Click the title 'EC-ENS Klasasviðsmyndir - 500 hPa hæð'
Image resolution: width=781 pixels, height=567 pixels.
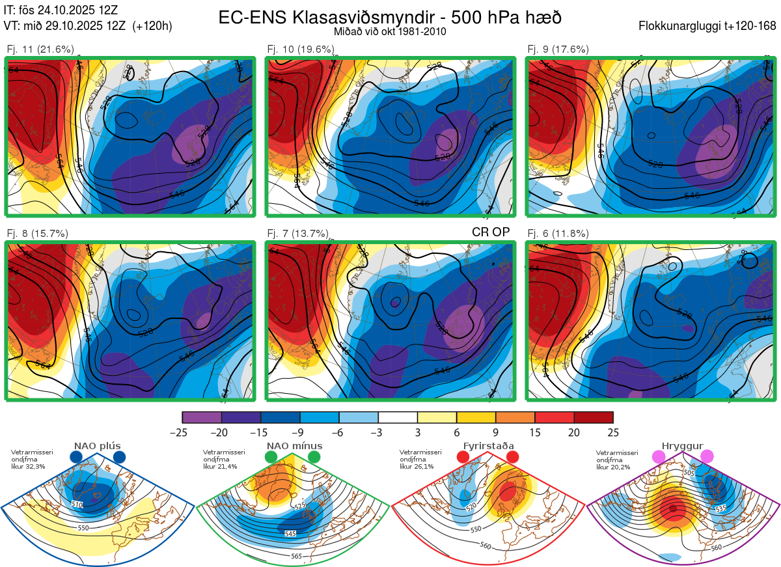click(389, 18)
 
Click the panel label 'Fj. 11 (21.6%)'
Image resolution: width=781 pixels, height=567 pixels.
click(40, 49)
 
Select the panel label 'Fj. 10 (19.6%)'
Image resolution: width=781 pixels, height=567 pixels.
click(301, 49)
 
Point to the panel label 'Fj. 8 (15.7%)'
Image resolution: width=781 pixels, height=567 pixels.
click(37, 233)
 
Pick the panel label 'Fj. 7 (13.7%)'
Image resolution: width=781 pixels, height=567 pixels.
click(298, 233)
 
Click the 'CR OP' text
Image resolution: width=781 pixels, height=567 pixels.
click(490, 232)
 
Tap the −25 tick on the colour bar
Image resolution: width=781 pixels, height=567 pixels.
click(182, 432)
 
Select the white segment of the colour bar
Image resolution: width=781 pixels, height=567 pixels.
click(398, 417)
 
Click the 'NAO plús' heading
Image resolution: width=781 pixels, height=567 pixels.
click(98, 446)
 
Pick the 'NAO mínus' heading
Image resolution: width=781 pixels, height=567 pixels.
click(294, 446)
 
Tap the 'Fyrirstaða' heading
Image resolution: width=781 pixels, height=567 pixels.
click(489, 446)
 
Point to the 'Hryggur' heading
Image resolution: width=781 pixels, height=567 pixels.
click(683, 446)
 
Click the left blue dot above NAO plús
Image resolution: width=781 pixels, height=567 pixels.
click(76, 458)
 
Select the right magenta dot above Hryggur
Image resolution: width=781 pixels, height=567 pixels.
click(706, 458)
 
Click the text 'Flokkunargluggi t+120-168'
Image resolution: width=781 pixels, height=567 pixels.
click(708, 27)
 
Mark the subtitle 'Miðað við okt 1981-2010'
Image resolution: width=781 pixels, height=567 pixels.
click(389, 31)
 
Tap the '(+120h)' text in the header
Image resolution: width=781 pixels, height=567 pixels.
click(152, 27)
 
